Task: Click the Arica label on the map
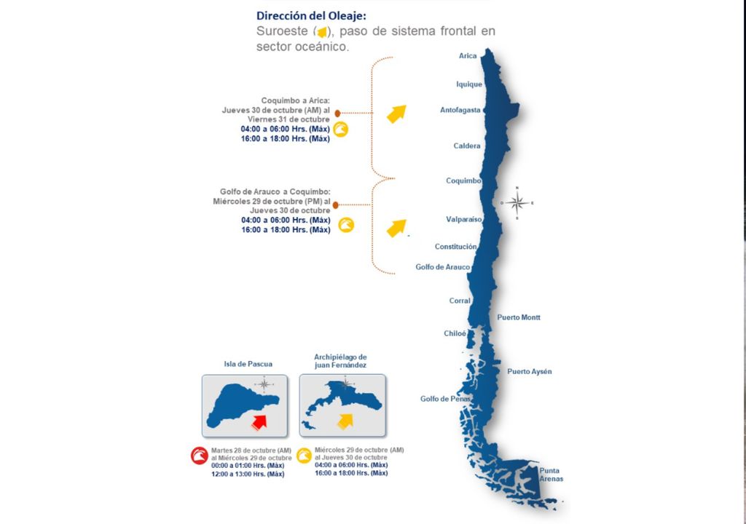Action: [468, 56]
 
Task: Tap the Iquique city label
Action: [469, 84]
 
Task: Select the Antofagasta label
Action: [460, 110]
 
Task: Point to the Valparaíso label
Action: [464, 219]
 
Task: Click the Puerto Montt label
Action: [519, 317]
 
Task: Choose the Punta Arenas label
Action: [551, 475]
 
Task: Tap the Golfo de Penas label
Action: [446, 399]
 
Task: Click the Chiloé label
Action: [455, 333]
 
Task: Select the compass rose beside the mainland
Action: [517, 203]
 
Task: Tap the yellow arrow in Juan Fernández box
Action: [344, 421]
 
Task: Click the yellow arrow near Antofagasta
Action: [396, 114]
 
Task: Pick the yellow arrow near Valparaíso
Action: [396, 228]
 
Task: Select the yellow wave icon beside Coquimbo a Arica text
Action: [340, 130]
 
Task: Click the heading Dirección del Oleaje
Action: [316, 15]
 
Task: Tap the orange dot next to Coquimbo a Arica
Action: [337, 114]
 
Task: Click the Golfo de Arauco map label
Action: [442, 267]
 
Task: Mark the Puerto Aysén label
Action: [530, 372]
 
